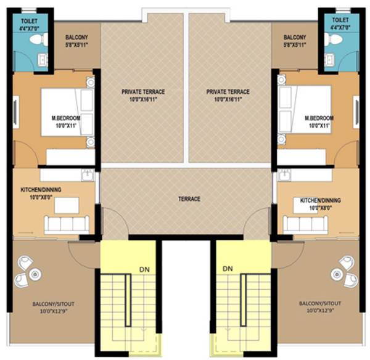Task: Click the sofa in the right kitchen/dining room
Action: coord(305,224)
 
